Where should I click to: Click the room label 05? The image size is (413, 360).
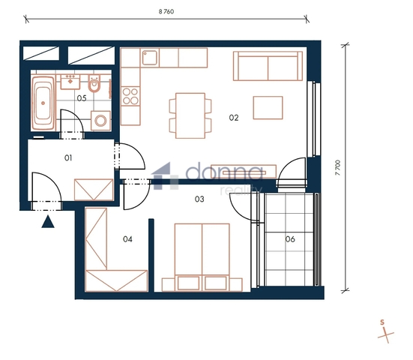tap(82, 98)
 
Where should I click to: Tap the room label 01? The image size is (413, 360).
tap(68, 157)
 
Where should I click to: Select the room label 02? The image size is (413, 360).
tap(234, 118)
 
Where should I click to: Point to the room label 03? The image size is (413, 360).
tap(199, 199)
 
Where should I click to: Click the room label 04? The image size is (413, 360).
tap(127, 239)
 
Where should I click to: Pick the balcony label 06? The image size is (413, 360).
tap(290, 239)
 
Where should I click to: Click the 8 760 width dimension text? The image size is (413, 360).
tap(166, 11)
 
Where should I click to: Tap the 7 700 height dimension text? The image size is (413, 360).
tap(338, 167)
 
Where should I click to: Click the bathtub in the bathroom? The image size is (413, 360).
tap(43, 103)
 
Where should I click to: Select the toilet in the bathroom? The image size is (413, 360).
tap(94, 83)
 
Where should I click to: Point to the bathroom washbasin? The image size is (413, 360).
tap(70, 82)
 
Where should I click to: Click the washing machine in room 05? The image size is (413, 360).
tap(100, 121)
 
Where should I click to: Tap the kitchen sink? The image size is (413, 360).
tap(150, 58)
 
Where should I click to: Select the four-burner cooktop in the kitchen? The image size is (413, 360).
tap(130, 96)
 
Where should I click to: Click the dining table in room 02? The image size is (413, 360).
tap(190, 115)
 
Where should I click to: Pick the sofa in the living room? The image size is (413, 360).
tap(268, 66)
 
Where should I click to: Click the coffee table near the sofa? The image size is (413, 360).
tap(268, 108)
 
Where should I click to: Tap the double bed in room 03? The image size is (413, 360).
tap(202, 257)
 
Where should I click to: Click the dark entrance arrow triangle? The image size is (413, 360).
tap(48, 222)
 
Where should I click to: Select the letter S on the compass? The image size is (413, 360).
tap(382, 322)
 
